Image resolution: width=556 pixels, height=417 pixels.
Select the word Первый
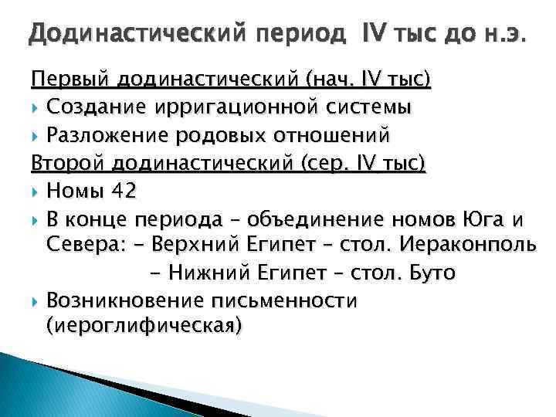[x=71, y=80]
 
